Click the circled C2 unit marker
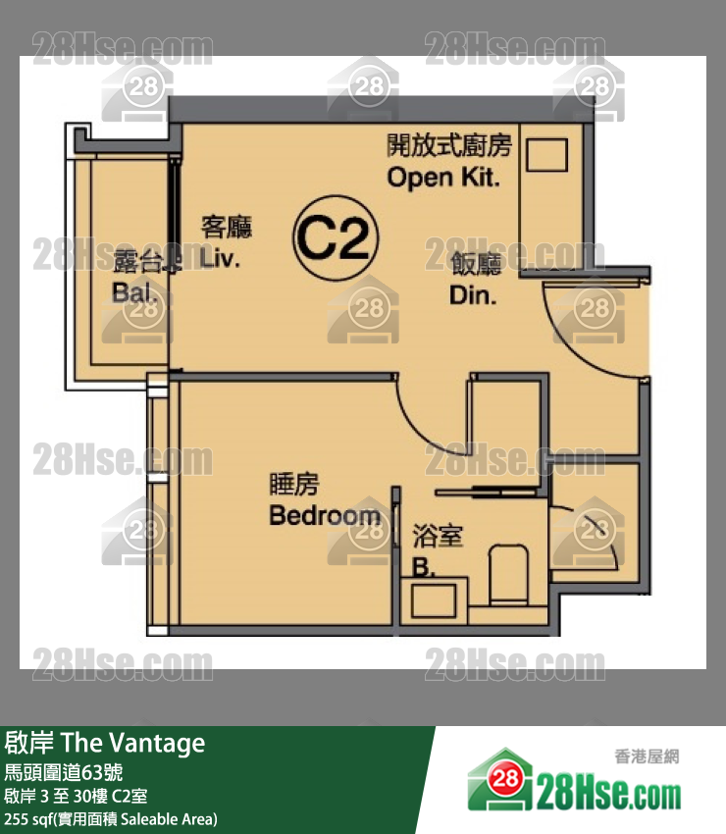pos(336,237)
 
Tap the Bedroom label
pos(325,515)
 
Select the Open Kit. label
pos(443,178)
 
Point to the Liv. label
pos(220,258)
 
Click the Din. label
pos(473,295)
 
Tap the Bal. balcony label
pos(134,292)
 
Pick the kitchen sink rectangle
pos(546,155)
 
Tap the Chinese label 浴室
pos(438,536)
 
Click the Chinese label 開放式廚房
pos(449,145)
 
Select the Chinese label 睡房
pos(294,484)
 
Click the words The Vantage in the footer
pos(133,743)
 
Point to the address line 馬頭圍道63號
pos(64,772)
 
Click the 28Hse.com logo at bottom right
pos(574,780)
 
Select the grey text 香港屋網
pos(647,756)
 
